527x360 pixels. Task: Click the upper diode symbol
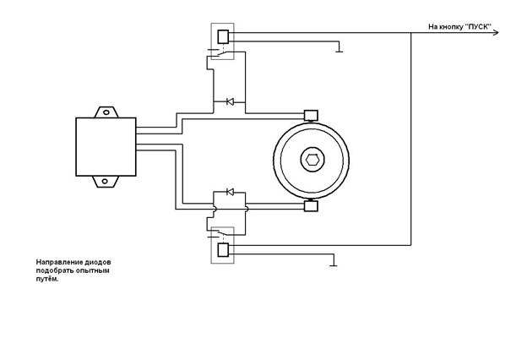click(229, 102)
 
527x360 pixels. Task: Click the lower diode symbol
click(229, 193)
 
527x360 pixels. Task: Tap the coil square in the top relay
click(224, 36)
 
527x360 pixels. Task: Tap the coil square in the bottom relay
click(224, 249)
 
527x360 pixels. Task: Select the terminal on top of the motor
click(310, 114)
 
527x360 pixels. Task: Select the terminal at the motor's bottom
click(310, 205)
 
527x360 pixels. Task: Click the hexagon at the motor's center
click(311, 160)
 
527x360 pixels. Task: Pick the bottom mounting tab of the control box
click(107, 180)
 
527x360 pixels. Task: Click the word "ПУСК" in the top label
click(477, 27)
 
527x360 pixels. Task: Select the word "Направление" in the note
click(57, 262)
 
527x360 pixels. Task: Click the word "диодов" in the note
click(96, 262)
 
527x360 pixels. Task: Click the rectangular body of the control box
click(106, 146)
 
